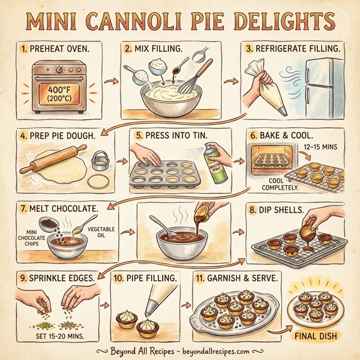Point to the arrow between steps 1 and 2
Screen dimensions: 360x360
pos(109,80)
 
